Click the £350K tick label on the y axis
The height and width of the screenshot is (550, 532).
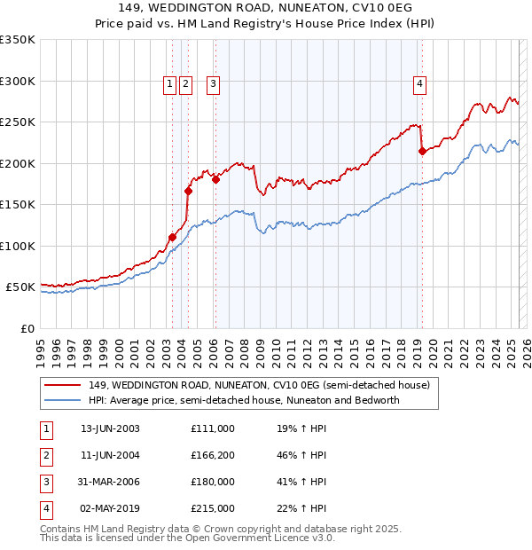(x=18, y=40)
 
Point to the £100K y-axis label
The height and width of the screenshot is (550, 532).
(x=18, y=246)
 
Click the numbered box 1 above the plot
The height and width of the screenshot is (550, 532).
(x=169, y=84)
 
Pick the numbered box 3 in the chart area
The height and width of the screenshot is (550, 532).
(x=214, y=84)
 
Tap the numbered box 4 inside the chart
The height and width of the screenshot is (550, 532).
(x=419, y=84)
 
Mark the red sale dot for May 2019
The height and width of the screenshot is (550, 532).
(x=422, y=152)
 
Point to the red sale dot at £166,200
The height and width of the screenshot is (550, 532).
(x=188, y=191)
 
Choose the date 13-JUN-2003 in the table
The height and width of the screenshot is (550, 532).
(x=110, y=428)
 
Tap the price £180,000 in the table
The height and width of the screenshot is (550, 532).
(x=213, y=482)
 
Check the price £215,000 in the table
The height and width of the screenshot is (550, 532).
(x=213, y=508)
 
